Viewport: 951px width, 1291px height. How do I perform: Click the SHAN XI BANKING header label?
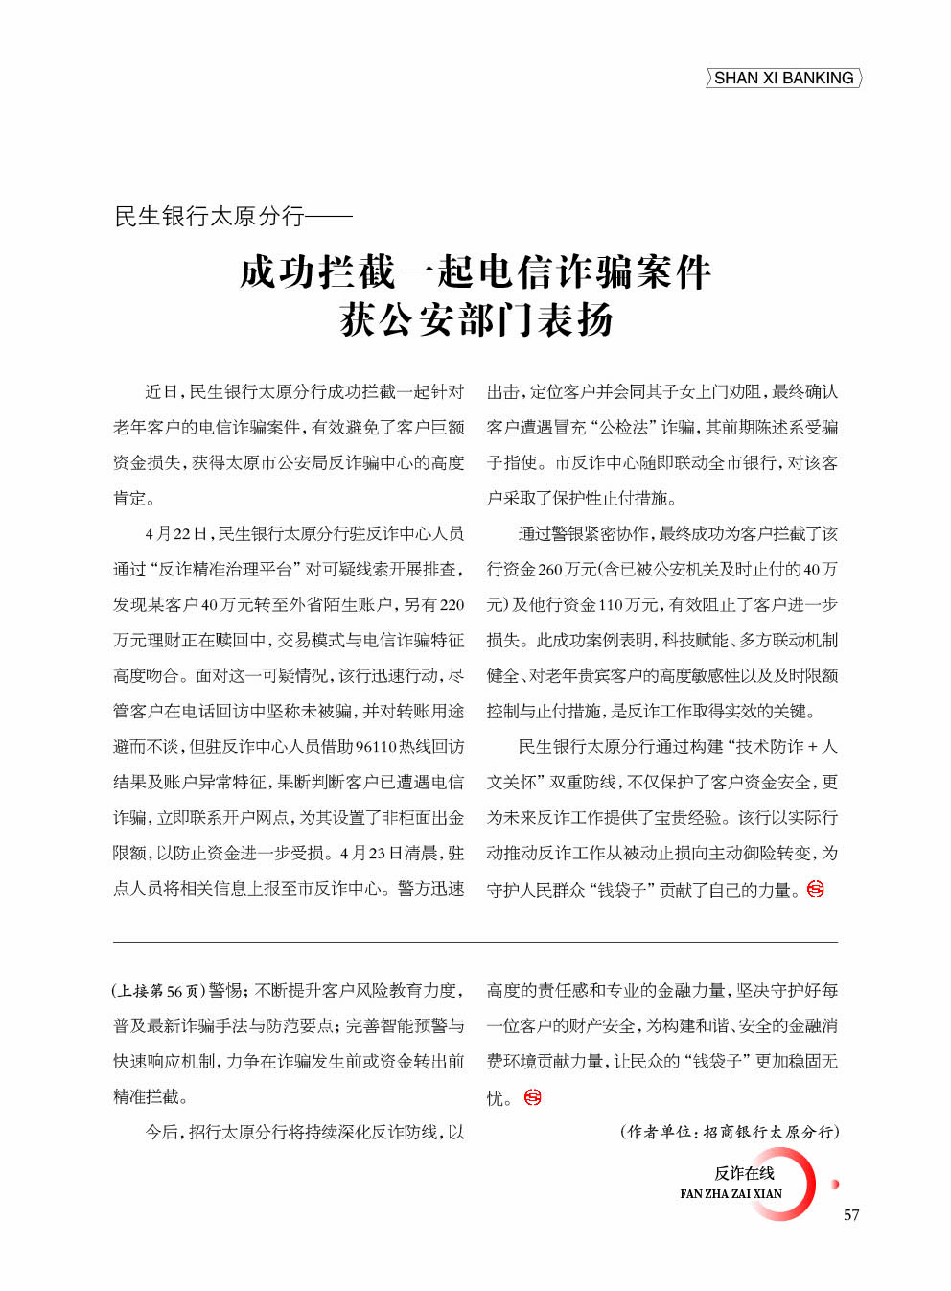click(x=783, y=79)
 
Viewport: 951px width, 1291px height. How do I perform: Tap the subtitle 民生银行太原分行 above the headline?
click(x=209, y=217)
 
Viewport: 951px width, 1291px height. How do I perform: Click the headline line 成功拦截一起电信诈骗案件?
click(x=475, y=272)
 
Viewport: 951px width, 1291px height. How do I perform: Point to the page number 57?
click(x=851, y=1215)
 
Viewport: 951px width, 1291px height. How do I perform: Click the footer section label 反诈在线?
click(x=744, y=1173)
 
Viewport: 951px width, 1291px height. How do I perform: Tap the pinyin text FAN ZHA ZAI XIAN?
click(x=731, y=1194)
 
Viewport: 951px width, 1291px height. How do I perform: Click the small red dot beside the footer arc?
click(x=835, y=1185)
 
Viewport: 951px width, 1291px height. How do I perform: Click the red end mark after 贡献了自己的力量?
click(x=816, y=889)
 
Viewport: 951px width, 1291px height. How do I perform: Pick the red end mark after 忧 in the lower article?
click(x=533, y=1097)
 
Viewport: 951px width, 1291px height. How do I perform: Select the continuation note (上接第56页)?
click(x=158, y=991)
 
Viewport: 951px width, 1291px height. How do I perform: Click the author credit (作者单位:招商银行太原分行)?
click(x=730, y=1132)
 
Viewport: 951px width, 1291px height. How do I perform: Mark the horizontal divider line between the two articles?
click(x=475, y=942)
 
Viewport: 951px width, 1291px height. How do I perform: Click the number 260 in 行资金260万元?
click(x=550, y=570)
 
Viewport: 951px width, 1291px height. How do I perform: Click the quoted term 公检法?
click(x=627, y=428)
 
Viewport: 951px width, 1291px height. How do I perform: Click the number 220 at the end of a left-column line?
click(x=452, y=605)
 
